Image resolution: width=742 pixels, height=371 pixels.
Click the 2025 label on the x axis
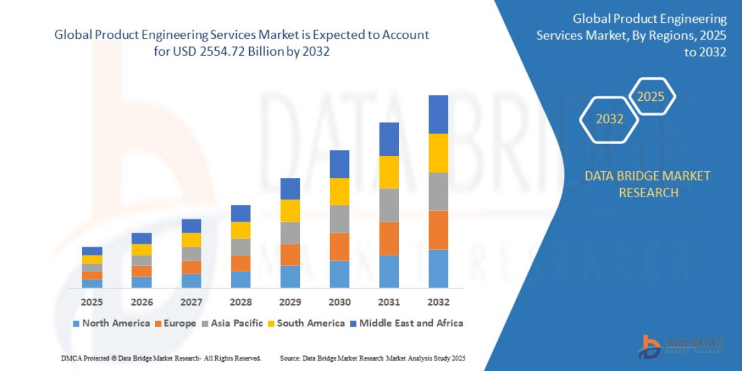click(x=92, y=302)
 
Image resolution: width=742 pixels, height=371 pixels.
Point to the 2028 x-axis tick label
click(x=241, y=302)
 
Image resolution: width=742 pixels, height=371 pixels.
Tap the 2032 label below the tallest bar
click(x=438, y=302)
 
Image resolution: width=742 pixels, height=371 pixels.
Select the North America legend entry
click(x=111, y=323)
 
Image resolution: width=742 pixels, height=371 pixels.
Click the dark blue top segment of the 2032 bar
click(x=438, y=114)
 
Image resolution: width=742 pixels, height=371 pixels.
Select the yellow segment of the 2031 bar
click(x=389, y=172)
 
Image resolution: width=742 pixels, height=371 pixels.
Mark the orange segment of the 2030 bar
click(x=339, y=247)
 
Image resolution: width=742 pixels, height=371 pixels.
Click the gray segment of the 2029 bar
click(x=290, y=232)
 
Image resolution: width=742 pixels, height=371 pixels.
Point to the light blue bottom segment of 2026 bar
click(x=142, y=282)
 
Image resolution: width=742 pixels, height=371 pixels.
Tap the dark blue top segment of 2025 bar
click(x=92, y=251)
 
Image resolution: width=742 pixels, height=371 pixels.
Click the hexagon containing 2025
click(x=650, y=96)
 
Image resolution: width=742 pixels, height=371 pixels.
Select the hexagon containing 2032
click(x=609, y=119)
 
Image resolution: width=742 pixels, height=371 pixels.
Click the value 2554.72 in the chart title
click(x=224, y=51)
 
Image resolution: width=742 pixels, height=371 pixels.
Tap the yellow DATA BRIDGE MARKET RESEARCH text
click(x=647, y=184)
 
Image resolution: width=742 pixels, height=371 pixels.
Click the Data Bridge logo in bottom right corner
click(x=680, y=346)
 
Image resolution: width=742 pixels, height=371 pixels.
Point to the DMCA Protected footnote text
click(x=161, y=358)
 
